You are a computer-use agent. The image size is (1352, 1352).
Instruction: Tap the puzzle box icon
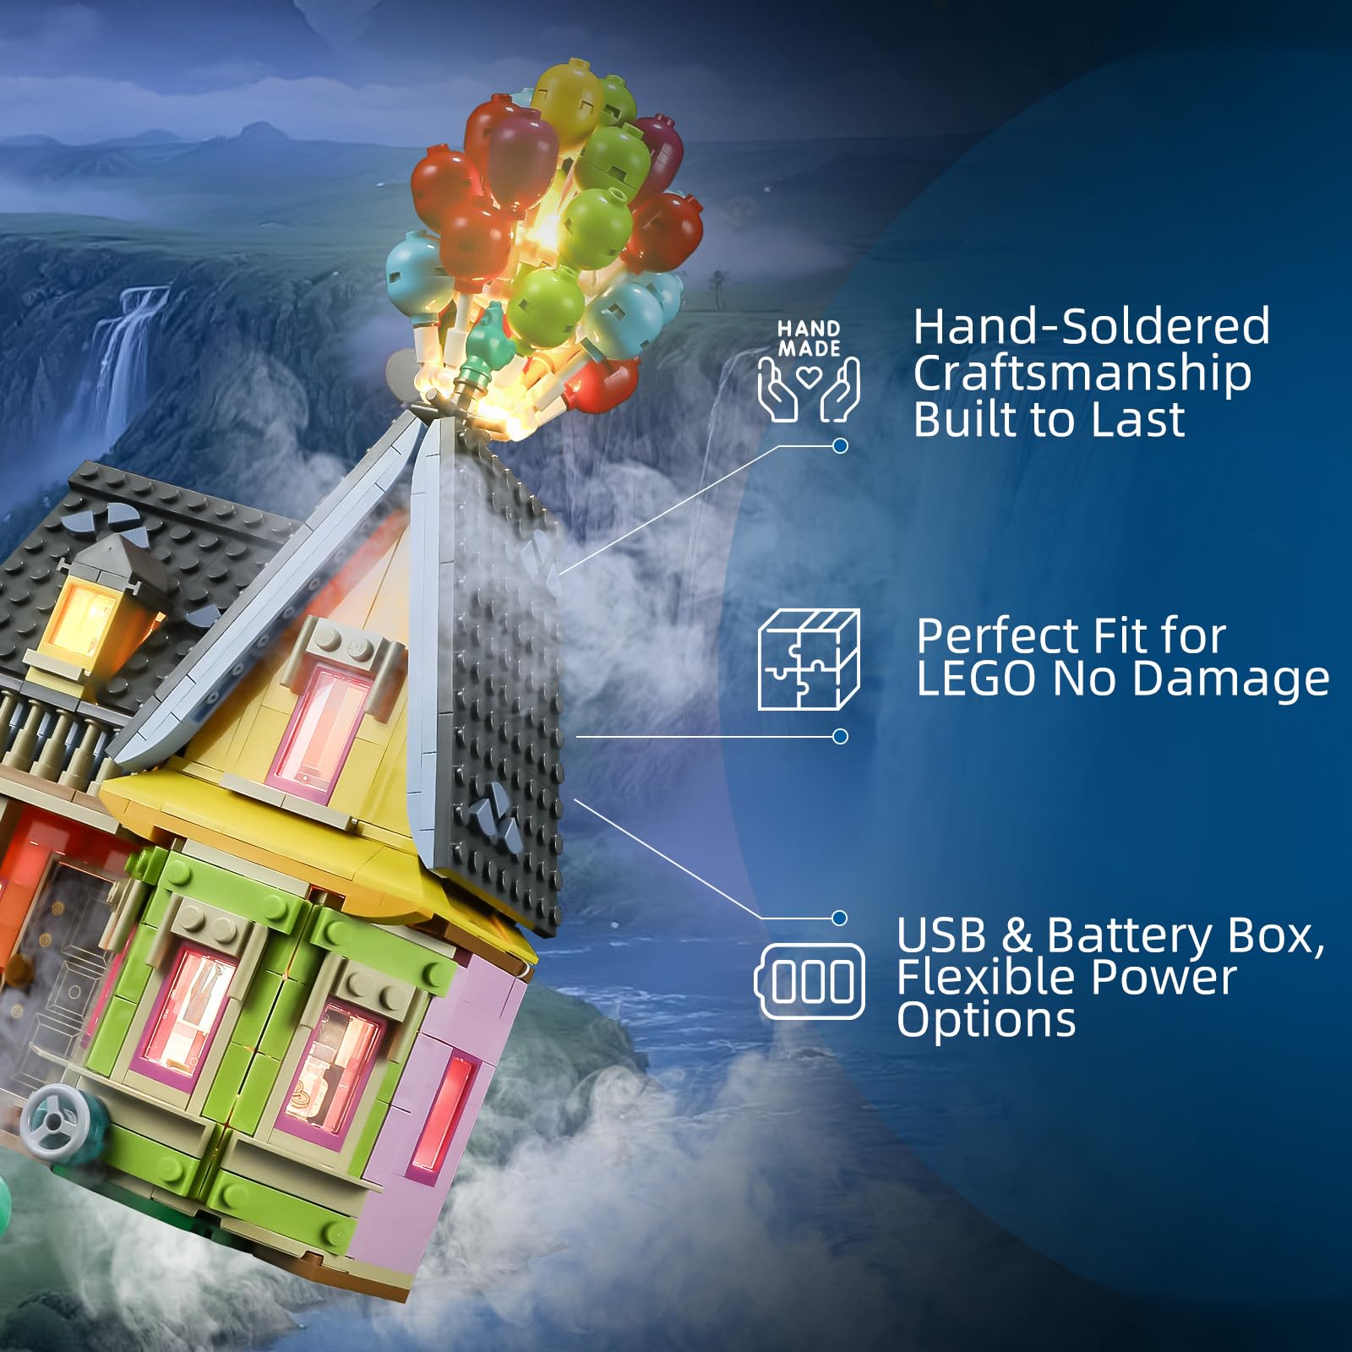coord(809,659)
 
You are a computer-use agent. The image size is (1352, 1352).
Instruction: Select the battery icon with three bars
coord(810,981)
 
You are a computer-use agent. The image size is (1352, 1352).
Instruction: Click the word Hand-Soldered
coord(1091,326)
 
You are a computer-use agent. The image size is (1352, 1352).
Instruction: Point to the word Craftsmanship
coord(1082,374)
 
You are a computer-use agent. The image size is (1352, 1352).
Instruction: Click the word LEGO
coord(976,679)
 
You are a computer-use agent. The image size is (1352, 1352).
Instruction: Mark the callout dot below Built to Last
coord(840,445)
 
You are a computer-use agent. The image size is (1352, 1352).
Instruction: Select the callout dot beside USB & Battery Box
coord(839,918)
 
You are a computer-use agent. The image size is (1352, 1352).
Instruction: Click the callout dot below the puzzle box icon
coord(840,737)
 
